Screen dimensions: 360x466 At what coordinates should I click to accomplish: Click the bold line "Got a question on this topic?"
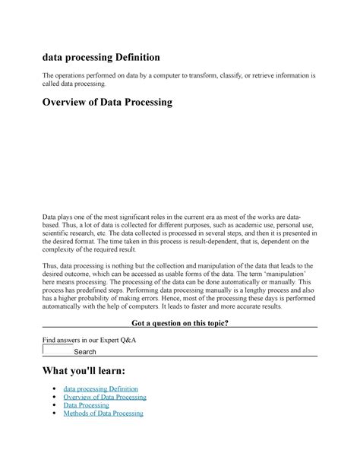[180, 324]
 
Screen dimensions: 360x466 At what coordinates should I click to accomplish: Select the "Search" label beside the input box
[85, 352]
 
